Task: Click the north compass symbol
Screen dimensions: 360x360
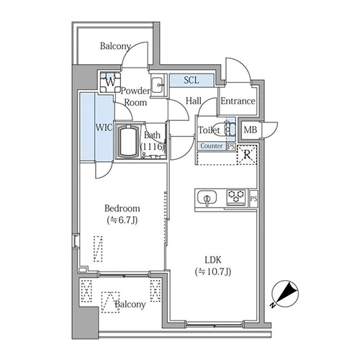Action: pyautogui.click(x=285, y=294)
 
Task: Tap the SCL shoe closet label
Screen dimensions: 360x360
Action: pyautogui.click(x=192, y=80)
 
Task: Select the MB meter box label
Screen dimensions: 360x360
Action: pyautogui.click(x=250, y=130)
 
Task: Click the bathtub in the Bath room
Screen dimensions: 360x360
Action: pyautogui.click(x=130, y=142)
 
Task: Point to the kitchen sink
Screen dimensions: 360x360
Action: pyautogui.click(x=207, y=198)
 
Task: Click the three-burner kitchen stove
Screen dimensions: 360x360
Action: pyautogui.click(x=236, y=197)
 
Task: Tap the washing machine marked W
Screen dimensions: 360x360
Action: pyautogui.click(x=110, y=82)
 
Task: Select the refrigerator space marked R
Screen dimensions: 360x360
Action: pyautogui.click(x=247, y=155)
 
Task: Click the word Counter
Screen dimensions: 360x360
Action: pyautogui.click(x=212, y=146)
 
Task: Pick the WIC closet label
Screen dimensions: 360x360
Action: pyautogui.click(x=104, y=127)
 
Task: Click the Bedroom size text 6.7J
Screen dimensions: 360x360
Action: pyautogui.click(x=122, y=220)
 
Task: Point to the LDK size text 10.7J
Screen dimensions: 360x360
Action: pyautogui.click(x=213, y=271)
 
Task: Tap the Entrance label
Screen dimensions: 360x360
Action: pyautogui.click(x=238, y=101)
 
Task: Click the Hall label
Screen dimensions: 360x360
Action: pyautogui.click(x=194, y=101)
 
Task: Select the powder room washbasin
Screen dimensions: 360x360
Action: pyautogui.click(x=158, y=85)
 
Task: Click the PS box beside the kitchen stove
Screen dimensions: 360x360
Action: pyautogui.click(x=253, y=199)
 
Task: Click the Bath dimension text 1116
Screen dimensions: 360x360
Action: pyautogui.click(x=153, y=146)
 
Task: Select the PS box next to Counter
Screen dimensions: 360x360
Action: pyautogui.click(x=231, y=147)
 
